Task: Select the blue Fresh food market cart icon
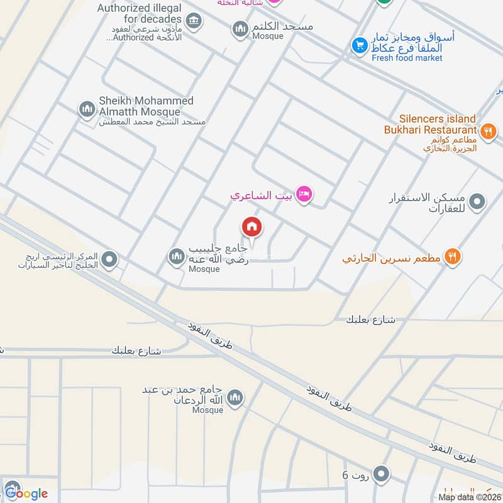(359, 45)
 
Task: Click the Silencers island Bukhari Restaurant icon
(488, 132)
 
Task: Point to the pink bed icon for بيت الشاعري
(304, 194)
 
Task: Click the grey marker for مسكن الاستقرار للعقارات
(478, 202)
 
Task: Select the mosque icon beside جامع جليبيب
(175, 256)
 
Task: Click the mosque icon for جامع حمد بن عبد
(235, 397)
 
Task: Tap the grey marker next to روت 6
(381, 473)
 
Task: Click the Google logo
(26, 493)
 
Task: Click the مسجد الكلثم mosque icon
(240, 28)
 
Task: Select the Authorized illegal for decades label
(139, 14)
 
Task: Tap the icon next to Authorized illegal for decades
(194, 21)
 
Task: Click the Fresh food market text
(407, 58)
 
